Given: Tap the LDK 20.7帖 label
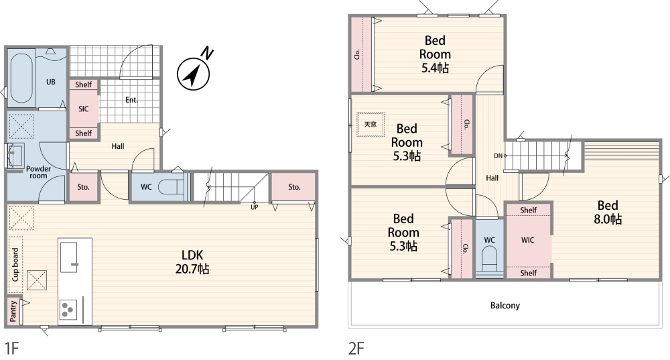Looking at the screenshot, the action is [192, 261].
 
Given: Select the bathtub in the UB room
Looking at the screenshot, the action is [21, 78].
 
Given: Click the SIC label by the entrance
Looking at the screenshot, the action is [83, 109].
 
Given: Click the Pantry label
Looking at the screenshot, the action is [13, 311].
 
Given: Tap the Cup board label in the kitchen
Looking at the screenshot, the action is [15, 265].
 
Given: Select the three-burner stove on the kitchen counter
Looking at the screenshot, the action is [68, 309].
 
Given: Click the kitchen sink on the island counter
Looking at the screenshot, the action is [69, 257].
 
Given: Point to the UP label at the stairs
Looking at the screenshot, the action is [254, 207].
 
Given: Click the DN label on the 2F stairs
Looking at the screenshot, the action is [498, 156].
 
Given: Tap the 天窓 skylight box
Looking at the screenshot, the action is [371, 125].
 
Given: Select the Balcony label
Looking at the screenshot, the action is [505, 305].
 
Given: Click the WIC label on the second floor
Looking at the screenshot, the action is [528, 240].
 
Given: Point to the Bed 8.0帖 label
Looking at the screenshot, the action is [608, 212].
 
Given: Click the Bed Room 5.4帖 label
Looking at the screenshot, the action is [435, 54].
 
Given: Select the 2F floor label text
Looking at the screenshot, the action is [356, 349].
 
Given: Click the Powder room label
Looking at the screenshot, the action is [38, 172].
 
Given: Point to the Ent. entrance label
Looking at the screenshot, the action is [131, 100].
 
